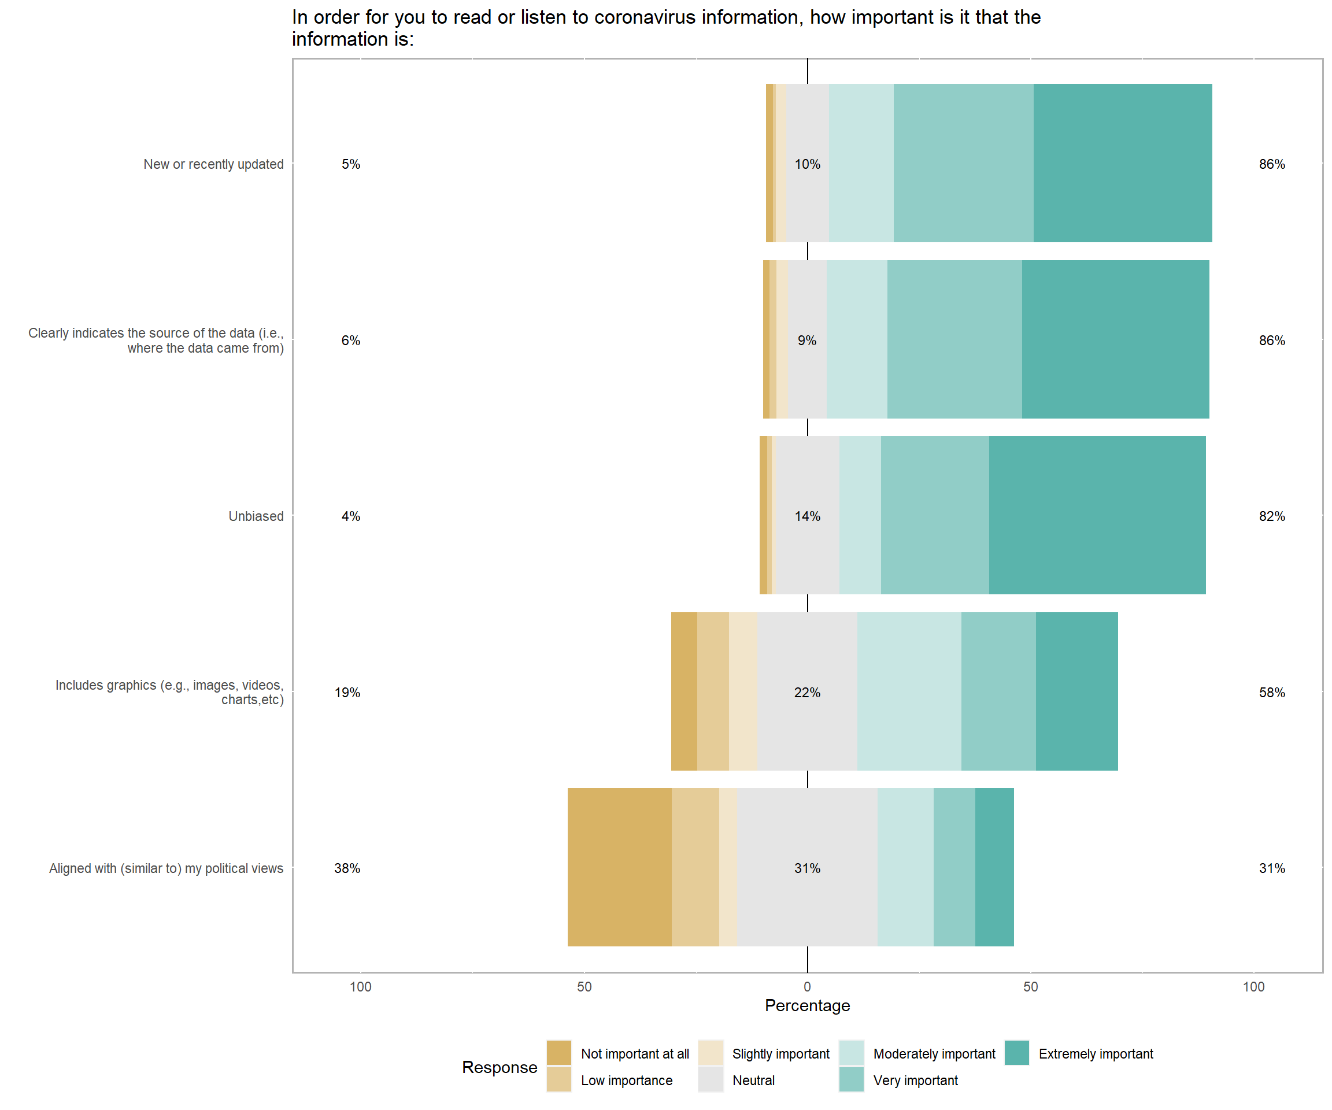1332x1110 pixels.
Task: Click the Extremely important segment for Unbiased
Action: click(1097, 515)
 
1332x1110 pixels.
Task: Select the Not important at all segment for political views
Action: click(619, 867)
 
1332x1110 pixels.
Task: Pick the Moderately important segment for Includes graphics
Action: click(908, 691)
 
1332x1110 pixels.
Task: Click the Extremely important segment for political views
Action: click(994, 867)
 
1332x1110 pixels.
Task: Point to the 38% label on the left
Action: click(347, 868)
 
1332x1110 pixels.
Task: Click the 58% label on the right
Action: click(1271, 693)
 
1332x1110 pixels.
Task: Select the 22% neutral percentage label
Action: click(807, 693)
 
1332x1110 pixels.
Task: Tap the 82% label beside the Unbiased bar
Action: click(1271, 516)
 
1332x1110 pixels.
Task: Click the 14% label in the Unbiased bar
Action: click(807, 516)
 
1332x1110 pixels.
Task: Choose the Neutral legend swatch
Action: click(711, 1079)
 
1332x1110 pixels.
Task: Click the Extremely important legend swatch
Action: click(1016, 1053)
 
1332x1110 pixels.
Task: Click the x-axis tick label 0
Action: click(807, 986)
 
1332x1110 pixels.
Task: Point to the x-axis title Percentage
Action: click(807, 1005)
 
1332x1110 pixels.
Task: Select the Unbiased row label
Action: click(256, 516)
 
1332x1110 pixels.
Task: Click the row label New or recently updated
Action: click(213, 164)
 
